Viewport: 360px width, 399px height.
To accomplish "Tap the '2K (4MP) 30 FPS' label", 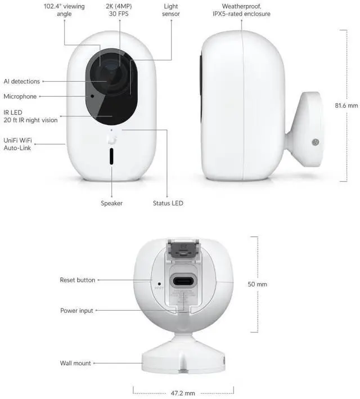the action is coord(119,10).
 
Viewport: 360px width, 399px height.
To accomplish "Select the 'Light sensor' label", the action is coord(170,10).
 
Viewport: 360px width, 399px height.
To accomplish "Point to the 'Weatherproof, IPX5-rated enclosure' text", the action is coord(241,10).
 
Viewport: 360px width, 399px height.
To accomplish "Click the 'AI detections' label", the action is coord(22,82).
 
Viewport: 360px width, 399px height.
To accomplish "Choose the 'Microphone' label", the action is coord(20,97).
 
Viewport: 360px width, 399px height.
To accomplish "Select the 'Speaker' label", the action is coord(111,203).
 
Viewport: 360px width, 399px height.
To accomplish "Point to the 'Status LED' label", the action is coord(168,203).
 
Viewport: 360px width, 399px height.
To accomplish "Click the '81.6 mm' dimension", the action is coord(346,105).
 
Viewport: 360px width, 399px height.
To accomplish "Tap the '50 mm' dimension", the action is coord(258,284).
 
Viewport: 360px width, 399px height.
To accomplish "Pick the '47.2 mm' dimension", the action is coord(183,393).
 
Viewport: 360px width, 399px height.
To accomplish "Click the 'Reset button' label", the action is coord(77,280).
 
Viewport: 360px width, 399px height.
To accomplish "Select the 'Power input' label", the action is coord(76,311).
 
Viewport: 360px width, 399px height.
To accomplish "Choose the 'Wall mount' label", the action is coord(75,364).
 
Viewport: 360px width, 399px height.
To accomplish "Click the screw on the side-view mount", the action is coord(316,142).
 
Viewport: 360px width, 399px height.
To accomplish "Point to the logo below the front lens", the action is coord(111,140).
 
